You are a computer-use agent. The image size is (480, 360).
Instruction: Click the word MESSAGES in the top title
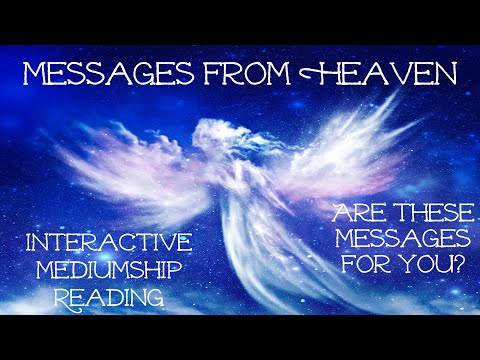(109, 74)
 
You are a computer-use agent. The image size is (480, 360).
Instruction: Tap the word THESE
(421, 216)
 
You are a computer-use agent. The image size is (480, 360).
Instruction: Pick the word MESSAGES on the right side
(393, 241)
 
